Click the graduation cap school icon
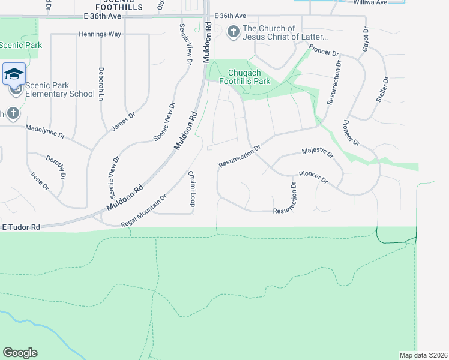point(14,74)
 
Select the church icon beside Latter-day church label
point(234,32)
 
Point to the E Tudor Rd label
point(21,227)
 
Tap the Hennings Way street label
point(100,34)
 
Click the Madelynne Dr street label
point(45,131)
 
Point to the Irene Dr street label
point(40,181)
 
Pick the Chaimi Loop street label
point(192,188)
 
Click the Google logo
point(20,353)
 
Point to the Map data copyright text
point(424,355)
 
